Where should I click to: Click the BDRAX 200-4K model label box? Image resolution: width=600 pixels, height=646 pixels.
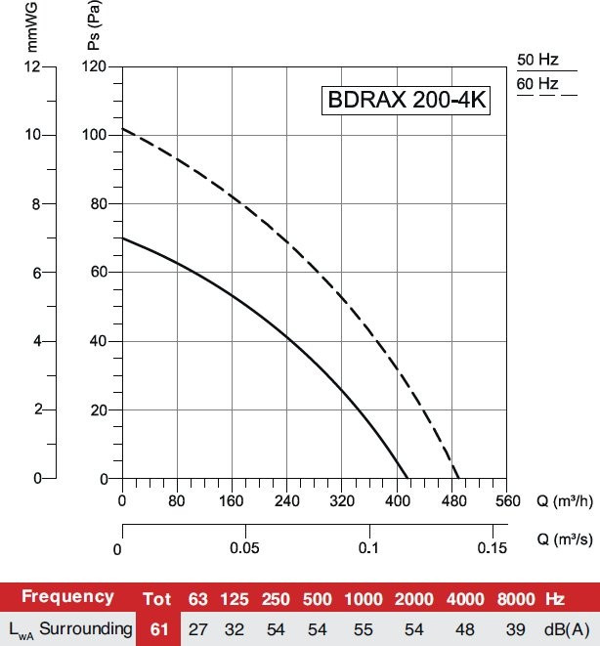tap(407, 102)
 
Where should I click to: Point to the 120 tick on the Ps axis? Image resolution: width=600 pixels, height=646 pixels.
tap(94, 66)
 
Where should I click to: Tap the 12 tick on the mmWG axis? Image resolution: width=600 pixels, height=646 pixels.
tap(34, 66)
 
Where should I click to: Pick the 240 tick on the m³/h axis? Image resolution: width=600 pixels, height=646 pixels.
tap(287, 502)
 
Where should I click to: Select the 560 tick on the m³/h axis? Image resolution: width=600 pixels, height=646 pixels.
tap(506, 502)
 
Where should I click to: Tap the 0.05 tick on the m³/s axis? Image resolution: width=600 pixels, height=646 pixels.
tap(245, 547)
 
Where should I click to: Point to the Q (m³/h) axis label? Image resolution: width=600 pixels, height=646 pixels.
tap(565, 501)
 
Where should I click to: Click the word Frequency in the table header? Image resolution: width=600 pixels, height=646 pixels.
tap(67, 596)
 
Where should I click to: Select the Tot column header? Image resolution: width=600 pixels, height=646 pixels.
tap(156, 597)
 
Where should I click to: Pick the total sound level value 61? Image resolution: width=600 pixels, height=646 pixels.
tap(156, 627)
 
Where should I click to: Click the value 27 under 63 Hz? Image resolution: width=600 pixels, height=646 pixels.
tap(198, 627)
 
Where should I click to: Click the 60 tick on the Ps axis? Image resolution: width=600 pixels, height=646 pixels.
tap(98, 273)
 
